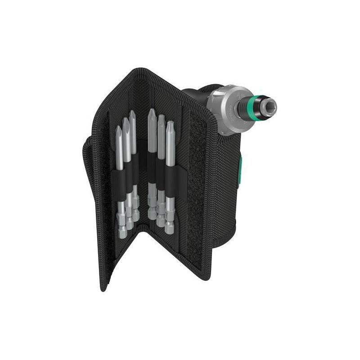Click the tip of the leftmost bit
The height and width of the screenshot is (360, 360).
click(118, 128)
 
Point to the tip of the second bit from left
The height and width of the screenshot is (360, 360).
click(126, 120)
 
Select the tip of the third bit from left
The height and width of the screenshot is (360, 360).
click(133, 112)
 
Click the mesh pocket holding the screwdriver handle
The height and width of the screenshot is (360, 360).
click(220, 189)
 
